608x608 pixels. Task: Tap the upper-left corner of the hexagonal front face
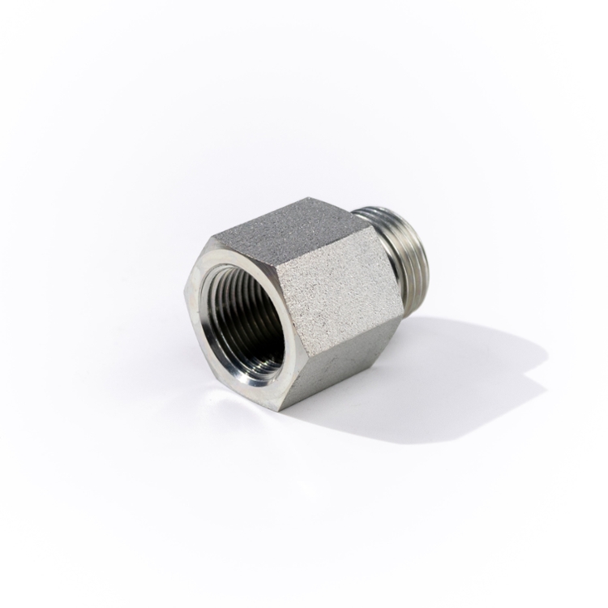click(212, 237)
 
